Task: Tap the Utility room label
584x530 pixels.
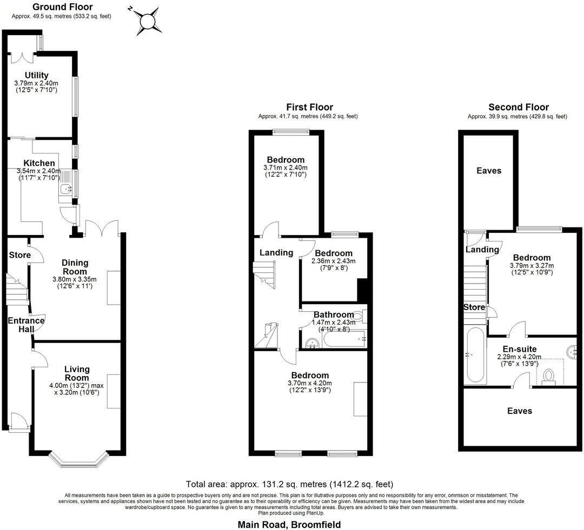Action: coord(36,75)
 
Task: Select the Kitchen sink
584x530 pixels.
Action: coord(67,189)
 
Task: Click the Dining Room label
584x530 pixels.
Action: coord(75,267)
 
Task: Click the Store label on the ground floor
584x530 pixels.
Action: coord(19,255)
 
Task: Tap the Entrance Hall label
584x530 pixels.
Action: coord(25,325)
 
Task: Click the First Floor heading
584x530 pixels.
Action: coord(309,107)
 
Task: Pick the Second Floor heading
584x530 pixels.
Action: coord(518,107)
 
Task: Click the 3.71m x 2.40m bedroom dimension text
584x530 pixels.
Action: coord(286,168)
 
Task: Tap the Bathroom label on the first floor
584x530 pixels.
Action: coord(334,314)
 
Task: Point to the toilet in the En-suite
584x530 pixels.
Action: coord(549,375)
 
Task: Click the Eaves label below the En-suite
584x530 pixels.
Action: coord(519,411)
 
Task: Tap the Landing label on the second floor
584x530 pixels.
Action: coord(482,250)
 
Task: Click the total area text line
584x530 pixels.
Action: coord(289,484)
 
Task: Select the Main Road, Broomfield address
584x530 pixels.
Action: coord(289,524)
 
